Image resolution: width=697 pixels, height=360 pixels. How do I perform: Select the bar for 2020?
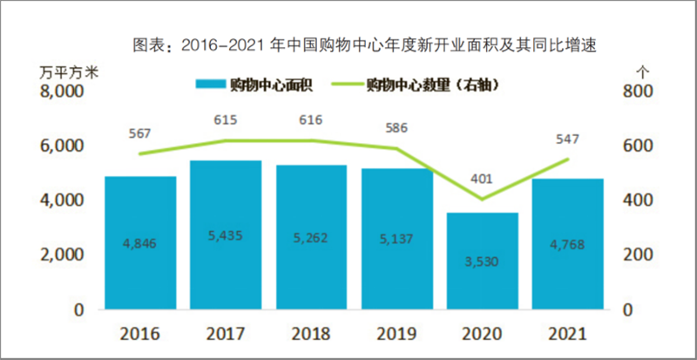click(x=483, y=261)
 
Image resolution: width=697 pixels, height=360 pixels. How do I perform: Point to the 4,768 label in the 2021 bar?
click(x=566, y=243)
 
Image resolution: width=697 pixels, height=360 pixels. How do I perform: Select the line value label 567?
click(x=140, y=133)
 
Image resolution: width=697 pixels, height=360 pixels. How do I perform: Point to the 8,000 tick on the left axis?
click(x=65, y=92)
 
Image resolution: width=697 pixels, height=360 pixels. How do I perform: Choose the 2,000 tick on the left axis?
click(x=65, y=255)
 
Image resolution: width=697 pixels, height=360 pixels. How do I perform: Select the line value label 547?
click(x=566, y=139)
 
